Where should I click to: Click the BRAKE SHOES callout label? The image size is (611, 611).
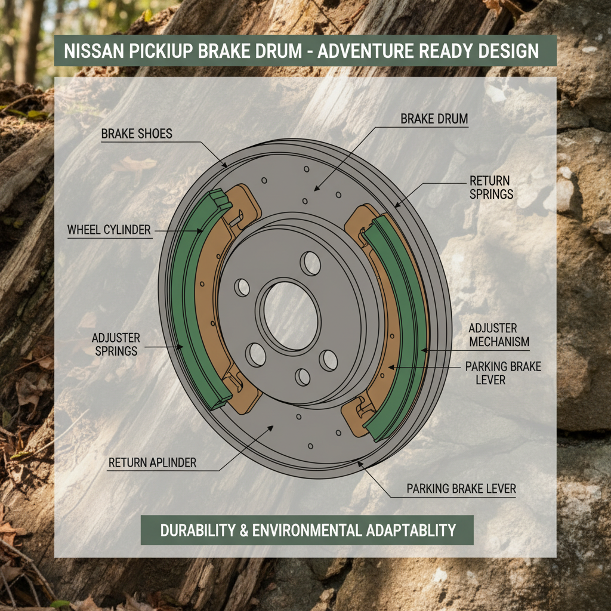pyautogui.click(x=137, y=134)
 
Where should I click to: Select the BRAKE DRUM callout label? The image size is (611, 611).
pyautogui.click(x=434, y=119)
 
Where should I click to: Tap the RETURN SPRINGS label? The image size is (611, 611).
pyautogui.click(x=491, y=187)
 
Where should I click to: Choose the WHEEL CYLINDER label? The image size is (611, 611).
pyautogui.click(x=109, y=230)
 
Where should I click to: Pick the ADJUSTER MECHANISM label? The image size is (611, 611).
pyautogui.click(x=499, y=335)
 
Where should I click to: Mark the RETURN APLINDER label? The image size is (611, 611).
pyautogui.click(x=152, y=462)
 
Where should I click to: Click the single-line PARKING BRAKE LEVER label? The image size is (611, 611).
pyautogui.click(x=461, y=489)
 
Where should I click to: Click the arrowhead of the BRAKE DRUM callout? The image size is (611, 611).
pyautogui.click(x=316, y=189)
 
